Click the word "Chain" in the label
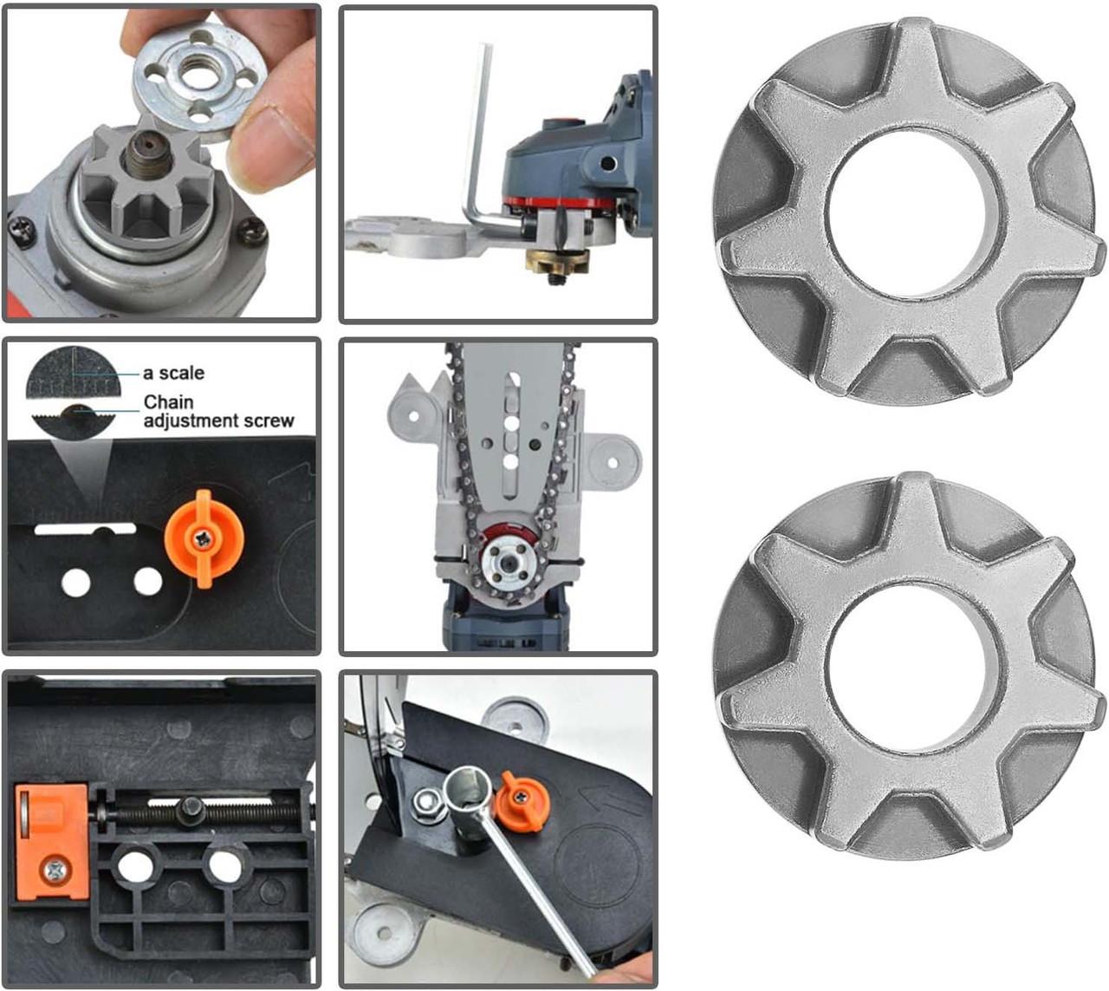169,402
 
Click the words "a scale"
173,373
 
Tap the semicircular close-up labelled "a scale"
73,372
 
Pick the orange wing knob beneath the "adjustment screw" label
204,539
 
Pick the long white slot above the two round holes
86,529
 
